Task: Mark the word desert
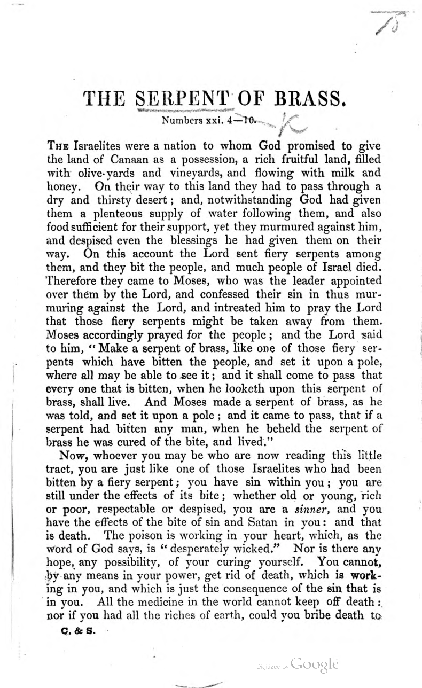tap(163, 203)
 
